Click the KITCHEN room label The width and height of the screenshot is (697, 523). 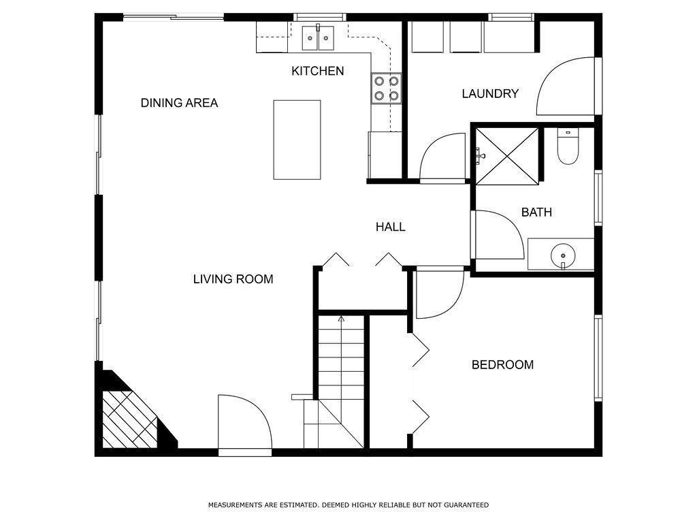tap(317, 71)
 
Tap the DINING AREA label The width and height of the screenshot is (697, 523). tap(179, 104)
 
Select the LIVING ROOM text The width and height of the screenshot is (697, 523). tap(233, 279)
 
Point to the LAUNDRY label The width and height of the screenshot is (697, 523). tap(490, 94)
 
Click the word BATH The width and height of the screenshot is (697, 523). tap(536, 212)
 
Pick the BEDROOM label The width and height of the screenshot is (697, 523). tap(502, 365)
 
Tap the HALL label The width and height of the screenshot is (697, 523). tap(390, 227)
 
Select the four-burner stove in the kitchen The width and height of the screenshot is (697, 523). tap(387, 88)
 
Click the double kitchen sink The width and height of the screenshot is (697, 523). tap(318, 38)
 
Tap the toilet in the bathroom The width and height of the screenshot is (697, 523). tap(568, 146)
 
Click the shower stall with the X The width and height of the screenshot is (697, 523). tap(506, 156)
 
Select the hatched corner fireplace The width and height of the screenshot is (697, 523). tap(130, 419)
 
